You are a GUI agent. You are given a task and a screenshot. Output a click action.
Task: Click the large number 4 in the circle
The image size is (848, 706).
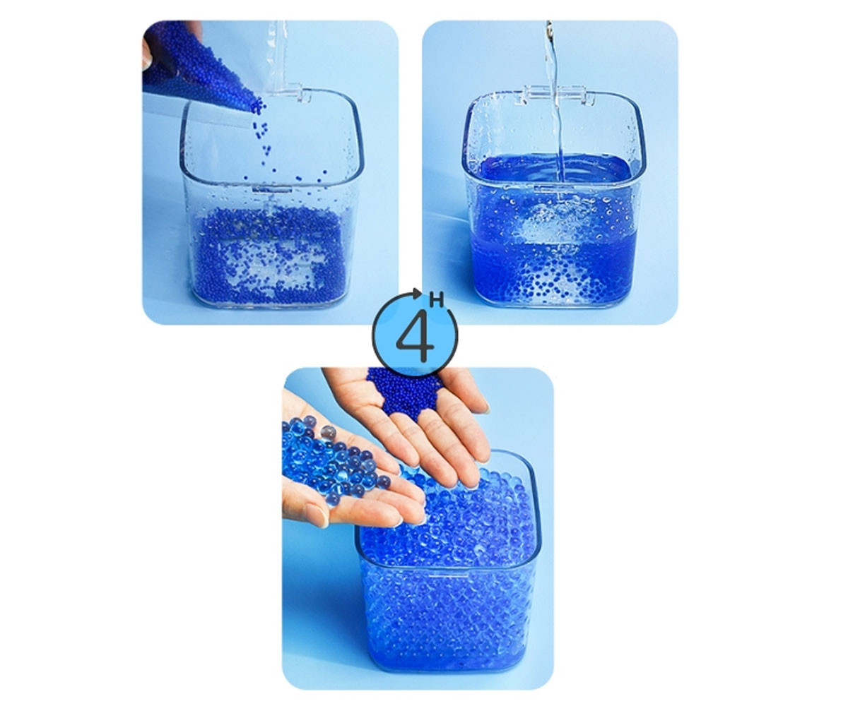415,336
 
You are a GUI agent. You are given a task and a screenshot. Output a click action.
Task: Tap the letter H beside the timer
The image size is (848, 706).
437,301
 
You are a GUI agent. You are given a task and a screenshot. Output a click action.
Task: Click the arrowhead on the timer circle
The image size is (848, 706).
417,292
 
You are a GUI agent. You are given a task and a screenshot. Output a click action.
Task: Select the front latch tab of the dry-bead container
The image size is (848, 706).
271,189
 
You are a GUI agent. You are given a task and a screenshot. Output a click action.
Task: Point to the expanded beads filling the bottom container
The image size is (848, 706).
447,576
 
